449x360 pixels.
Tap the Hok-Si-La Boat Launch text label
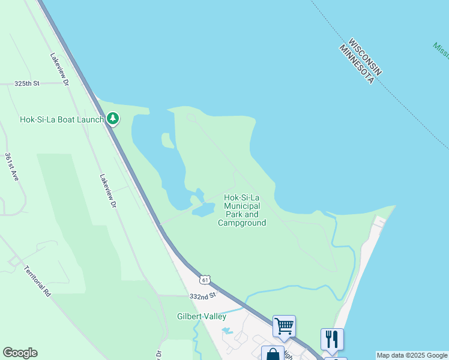click(62, 119)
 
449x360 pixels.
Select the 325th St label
click(27, 84)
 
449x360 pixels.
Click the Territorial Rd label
click(38, 281)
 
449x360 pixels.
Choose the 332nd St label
click(202, 296)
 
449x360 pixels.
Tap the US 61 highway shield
click(205, 280)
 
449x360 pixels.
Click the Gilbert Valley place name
click(202, 316)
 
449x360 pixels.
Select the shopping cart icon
click(284, 326)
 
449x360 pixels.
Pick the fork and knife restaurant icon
click(332, 339)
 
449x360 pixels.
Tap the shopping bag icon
click(273, 354)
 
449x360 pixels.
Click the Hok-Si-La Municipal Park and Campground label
click(242, 210)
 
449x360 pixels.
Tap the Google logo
click(20, 353)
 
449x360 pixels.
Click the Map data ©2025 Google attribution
click(412, 355)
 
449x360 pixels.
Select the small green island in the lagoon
click(167, 140)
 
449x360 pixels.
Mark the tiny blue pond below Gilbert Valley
click(226, 331)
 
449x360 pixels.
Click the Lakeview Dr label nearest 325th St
click(60, 67)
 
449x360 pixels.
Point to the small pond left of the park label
click(203, 209)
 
